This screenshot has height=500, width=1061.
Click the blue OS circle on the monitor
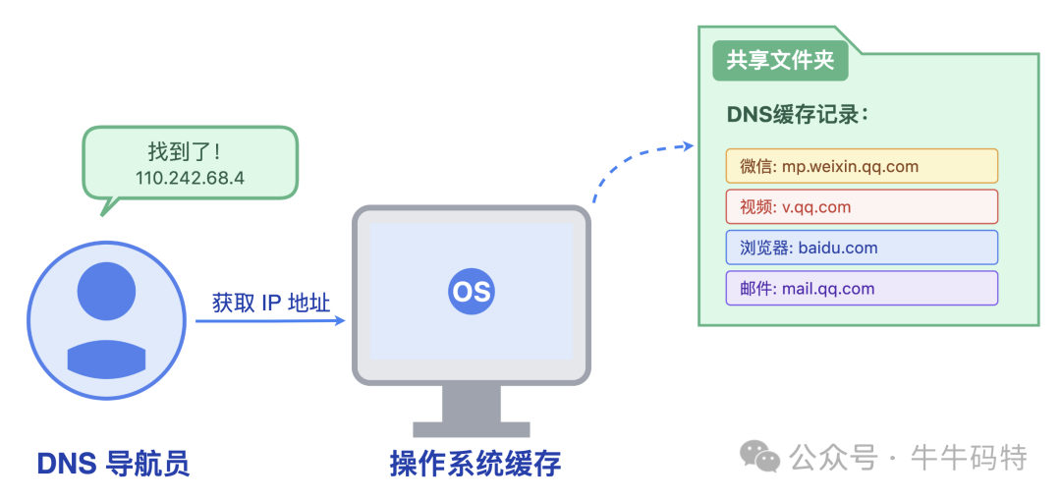tap(472, 292)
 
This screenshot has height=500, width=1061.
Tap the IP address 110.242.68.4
tap(190, 178)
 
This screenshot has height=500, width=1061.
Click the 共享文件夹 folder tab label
tap(780, 61)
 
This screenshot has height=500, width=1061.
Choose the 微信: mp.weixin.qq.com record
tap(862, 166)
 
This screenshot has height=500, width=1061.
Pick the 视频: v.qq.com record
tap(862, 207)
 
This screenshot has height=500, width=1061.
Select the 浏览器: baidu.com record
tap(862, 248)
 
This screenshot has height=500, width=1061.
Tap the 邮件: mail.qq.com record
tap(862, 288)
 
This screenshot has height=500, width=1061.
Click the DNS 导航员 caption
tap(113, 463)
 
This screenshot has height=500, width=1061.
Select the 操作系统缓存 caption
tap(475, 463)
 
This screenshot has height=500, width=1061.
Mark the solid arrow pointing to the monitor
tap(271, 320)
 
